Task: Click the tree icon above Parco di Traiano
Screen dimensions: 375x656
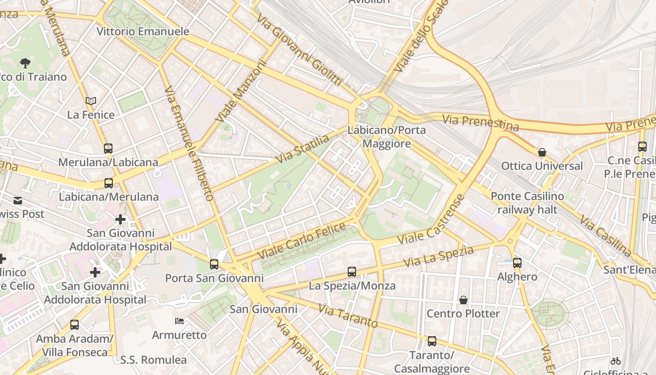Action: [25, 63]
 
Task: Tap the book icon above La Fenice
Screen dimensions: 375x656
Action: [91, 101]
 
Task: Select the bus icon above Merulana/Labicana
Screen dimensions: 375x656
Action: [108, 149]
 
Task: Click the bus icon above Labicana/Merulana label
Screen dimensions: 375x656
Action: [109, 183]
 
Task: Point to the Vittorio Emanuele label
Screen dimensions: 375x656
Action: [143, 31]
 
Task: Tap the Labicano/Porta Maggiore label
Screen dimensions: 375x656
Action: [387, 136]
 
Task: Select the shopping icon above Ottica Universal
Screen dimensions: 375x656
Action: [542, 152]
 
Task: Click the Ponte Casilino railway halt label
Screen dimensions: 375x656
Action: [527, 202]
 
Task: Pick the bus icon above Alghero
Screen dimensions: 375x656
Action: [517, 263]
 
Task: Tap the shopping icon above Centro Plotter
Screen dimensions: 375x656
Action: [463, 300]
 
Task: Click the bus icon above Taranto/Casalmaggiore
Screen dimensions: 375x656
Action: [432, 341]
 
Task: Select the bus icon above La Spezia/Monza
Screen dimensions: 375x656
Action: [352, 272]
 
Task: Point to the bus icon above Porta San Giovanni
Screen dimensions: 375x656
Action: [214, 264]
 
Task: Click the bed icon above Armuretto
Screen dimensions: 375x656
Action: [179, 321]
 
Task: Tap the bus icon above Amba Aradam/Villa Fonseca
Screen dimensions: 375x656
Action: [75, 324]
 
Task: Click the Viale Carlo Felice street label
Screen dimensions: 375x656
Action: [302, 241]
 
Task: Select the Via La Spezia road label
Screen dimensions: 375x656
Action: [439, 257]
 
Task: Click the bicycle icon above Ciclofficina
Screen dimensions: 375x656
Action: [616, 361]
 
